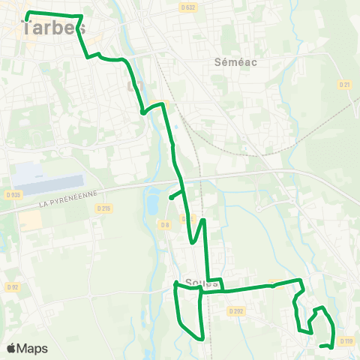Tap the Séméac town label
[235, 62]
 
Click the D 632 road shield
[187, 7]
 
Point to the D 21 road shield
[345, 85]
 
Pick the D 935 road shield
[12, 194]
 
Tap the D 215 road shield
[104, 208]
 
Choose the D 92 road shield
[12, 286]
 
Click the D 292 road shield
[237, 310]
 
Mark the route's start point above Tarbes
[27, 14]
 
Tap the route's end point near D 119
[321, 346]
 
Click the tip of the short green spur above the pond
[171, 198]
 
